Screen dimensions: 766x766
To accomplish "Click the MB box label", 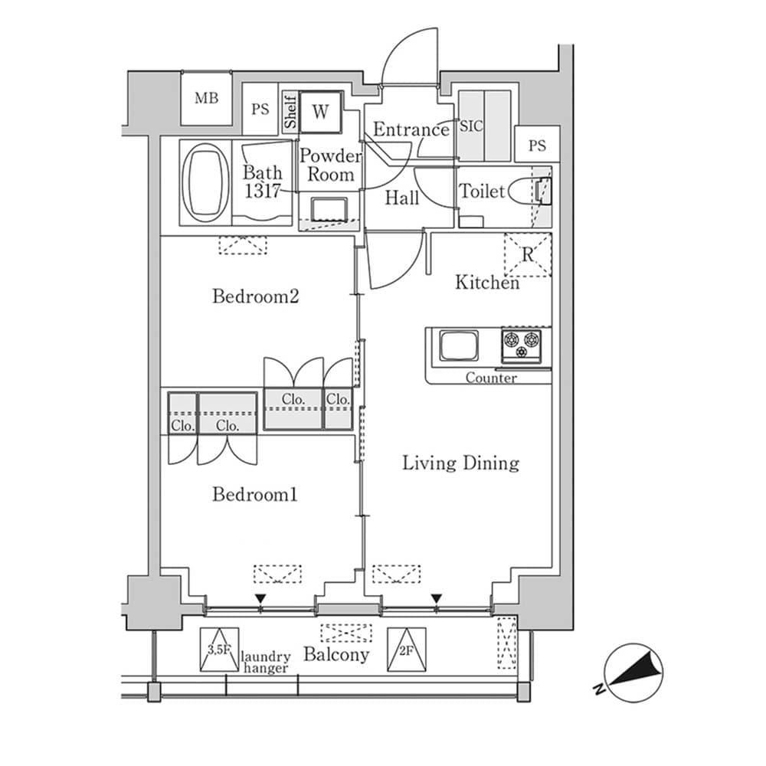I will click(x=205, y=98).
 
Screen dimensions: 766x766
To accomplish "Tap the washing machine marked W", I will click(x=320, y=112).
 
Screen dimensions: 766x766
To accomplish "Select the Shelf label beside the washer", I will click(x=290, y=112).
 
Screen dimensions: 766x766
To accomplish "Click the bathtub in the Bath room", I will click(x=205, y=182).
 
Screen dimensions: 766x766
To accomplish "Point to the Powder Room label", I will click(x=330, y=165).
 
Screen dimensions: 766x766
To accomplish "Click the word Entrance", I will click(x=411, y=130).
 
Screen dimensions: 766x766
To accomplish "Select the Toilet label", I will click(x=482, y=191).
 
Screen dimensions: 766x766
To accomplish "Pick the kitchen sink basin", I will click(x=458, y=345).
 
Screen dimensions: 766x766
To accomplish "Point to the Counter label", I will click(x=491, y=378).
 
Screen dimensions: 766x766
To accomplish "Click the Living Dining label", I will click(x=461, y=463).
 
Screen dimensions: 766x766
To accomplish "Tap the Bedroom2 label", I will click(x=255, y=296).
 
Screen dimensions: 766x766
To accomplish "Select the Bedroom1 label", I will click(x=254, y=496).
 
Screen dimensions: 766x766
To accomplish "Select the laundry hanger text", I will click(x=266, y=663).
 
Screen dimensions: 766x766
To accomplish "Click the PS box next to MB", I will click(x=260, y=109).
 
